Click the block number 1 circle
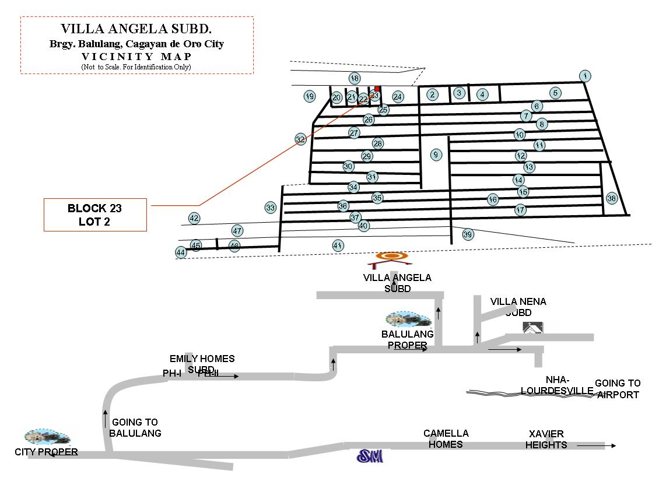585,76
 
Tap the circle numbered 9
436,155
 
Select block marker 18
355,78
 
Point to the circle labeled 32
300,139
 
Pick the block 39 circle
468,234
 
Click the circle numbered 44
181,252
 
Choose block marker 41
337,245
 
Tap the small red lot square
377,89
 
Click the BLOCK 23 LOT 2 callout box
95,215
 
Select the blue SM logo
370,456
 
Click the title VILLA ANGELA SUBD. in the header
136,29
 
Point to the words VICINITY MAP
136,57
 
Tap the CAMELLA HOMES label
446,438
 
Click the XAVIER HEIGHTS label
546,439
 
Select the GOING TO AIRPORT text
618,389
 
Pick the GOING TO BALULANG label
135,427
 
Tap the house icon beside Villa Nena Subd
534,327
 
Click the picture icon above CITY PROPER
47,437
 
